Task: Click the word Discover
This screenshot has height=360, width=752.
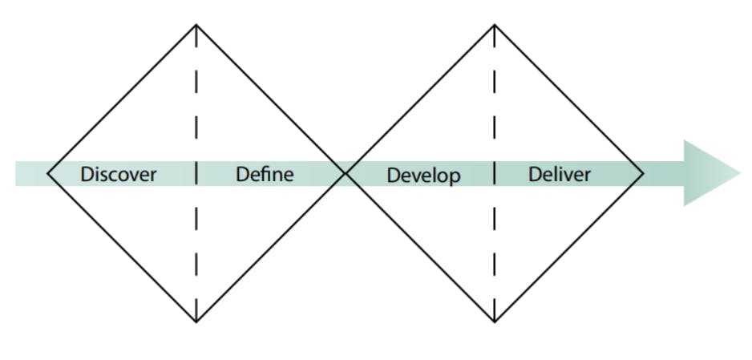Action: [x=118, y=174]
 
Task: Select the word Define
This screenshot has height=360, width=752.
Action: [x=265, y=173]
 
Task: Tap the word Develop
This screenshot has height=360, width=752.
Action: [x=423, y=176]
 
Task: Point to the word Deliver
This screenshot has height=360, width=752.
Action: [x=560, y=173]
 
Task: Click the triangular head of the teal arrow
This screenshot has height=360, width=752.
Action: [x=710, y=173]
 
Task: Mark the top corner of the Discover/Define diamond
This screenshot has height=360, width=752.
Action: [x=196, y=25]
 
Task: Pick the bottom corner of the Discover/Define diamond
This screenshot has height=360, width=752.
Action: [x=196, y=322]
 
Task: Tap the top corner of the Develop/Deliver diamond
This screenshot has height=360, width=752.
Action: [x=495, y=25]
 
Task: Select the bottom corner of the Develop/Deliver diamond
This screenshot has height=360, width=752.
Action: [x=495, y=322]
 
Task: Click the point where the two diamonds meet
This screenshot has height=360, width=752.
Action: [x=346, y=173]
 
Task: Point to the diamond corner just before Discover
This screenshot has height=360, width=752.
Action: [x=47, y=173]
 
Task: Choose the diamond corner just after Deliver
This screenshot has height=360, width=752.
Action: [x=643, y=173]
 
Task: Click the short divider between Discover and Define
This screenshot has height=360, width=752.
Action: [x=196, y=173]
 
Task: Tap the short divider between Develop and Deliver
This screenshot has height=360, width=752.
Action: [x=495, y=173]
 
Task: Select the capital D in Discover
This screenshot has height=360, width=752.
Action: [x=87, y=174]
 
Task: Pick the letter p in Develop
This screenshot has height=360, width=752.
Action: [x=455, y=178]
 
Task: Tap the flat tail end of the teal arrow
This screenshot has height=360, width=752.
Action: [x=16, y=173]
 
